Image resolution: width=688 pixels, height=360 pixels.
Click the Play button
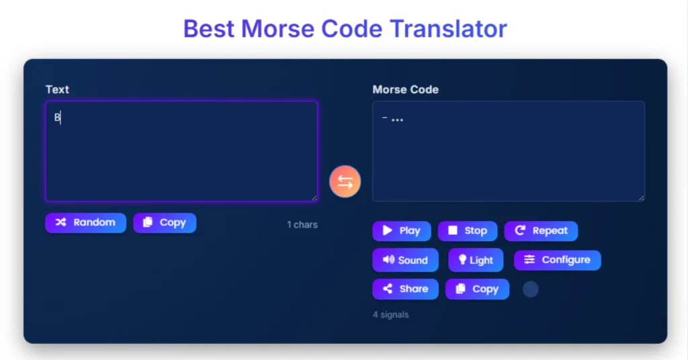pyautogui.click(x=401, y=230)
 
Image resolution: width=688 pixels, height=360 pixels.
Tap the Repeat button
pyautogui.click(x=541, y=230)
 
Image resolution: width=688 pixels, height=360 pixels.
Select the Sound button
pyautogui.click(x=405, y=260)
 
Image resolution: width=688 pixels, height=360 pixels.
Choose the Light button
pyautogui.click(x=476, y=260)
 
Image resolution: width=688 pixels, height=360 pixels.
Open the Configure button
pyautogui.click(x=557, y=260)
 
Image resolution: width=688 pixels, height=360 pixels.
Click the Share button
pyautogui.click(x=405, y=289)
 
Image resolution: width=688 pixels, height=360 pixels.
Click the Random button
pyautogui.click(x=85, y=222)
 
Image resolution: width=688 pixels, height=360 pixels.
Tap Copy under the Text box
pyautogui.click(x=165, y=222)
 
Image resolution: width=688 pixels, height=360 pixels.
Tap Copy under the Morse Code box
pyautogui.click(x=477, y=289)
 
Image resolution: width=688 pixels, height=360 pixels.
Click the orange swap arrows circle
pyautogui.click(x=345, y=181)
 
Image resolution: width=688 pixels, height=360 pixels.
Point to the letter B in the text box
pyautogui.click(x=57, y=118)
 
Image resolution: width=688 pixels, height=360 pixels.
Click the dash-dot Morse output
pyautogui.click(x=392, y=120)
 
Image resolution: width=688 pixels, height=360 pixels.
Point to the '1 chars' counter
pyautogui.click(x=302, y=224)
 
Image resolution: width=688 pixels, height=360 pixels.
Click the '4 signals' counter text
pyautogui.click(x=390, y=314)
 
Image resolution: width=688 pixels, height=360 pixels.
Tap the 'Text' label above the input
pyautogui.click(x=57, y=89)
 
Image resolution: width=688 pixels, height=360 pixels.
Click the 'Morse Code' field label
pyautogui.click(x=405, y=89)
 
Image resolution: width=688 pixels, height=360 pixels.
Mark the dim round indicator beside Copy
pyautogui.click(x=531, y=289)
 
